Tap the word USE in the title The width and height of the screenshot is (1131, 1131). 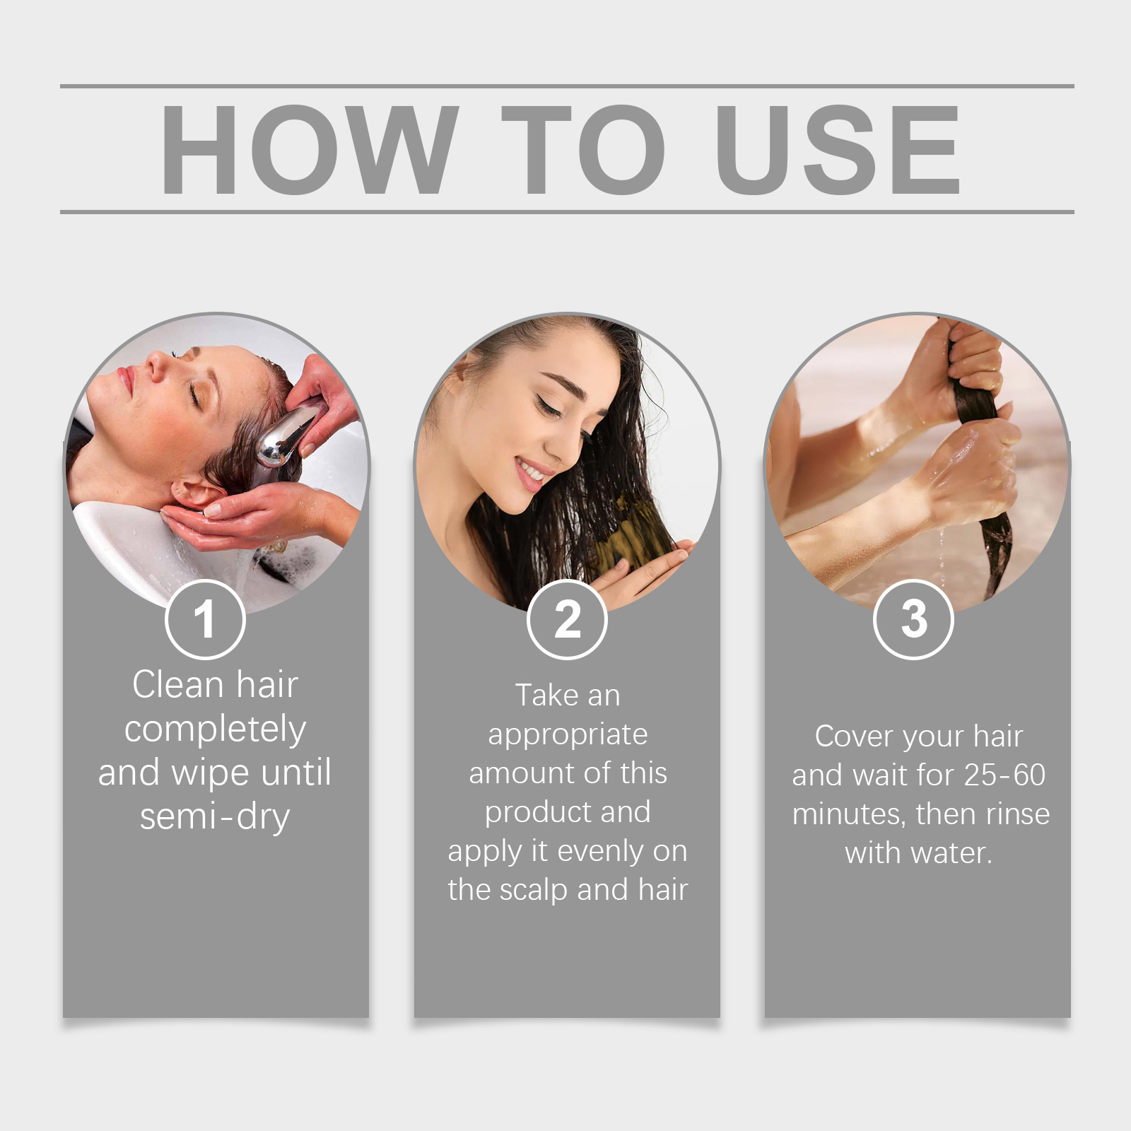pyautogui.click(x=838, y=149)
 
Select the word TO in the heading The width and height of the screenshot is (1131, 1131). pyautogui.click(x=583, y=149)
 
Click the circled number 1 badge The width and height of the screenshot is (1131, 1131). pyautogui.click(x=205, y=619)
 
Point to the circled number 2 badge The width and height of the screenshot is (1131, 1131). pyautogui.click(x=567, y=619)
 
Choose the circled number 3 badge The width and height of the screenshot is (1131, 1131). pyautogui.click(x=913, y=619)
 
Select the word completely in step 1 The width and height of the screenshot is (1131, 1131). pyautogui.click(x=215, y=730)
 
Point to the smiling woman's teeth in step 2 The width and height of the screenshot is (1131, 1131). pyautogui.click(x=531, y=470)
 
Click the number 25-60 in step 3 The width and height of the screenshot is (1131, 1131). pyautogui.click(x=1004, y=775)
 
